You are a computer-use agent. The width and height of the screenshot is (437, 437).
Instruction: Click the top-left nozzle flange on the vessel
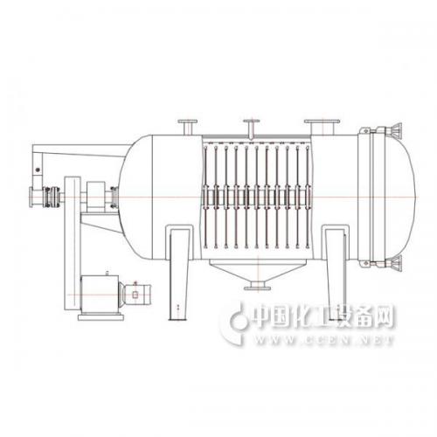click(x=187, y=121)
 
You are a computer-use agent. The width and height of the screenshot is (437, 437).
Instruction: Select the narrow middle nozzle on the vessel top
click(x=252, y=128)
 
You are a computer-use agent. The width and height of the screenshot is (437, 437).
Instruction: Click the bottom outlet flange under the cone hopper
click(x=257, y=288)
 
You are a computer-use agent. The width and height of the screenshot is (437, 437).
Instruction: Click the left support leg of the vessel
click(x=178, y=274)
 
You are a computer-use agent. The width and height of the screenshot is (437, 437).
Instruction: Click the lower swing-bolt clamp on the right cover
click(x=382, y=263)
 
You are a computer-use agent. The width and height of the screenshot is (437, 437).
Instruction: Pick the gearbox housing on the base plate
click(x=100, y=295)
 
